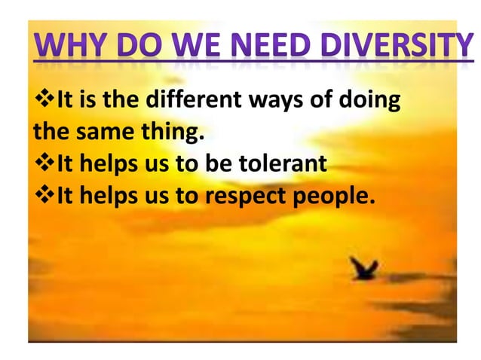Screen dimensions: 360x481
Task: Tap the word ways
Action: (x=267, y=100)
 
